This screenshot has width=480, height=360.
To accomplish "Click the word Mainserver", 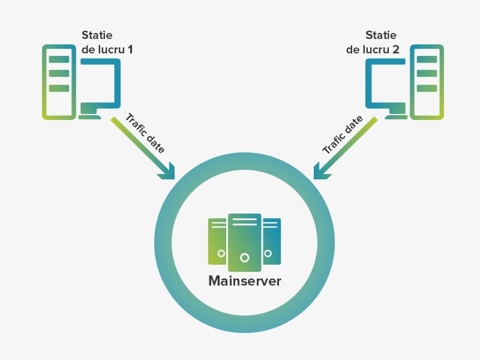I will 244,281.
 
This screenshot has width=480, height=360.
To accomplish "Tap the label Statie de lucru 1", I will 107,43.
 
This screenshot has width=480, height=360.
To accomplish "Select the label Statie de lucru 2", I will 373,43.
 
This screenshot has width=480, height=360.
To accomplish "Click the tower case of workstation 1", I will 59,82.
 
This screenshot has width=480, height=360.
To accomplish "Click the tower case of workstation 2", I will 427,82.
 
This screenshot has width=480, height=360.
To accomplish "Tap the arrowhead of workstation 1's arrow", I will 167,172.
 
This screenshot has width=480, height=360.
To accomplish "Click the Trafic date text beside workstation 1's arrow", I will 145,133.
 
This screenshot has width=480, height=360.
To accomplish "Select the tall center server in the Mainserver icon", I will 244,240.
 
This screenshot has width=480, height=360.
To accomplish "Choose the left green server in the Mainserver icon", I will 217,241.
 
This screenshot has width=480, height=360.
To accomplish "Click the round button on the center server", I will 244,257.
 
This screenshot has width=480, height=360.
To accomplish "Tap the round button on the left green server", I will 221,253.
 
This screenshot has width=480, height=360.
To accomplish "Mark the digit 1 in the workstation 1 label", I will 130,50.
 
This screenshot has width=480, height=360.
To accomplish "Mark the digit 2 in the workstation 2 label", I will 395,50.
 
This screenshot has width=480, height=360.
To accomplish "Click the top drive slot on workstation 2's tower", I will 427,59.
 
